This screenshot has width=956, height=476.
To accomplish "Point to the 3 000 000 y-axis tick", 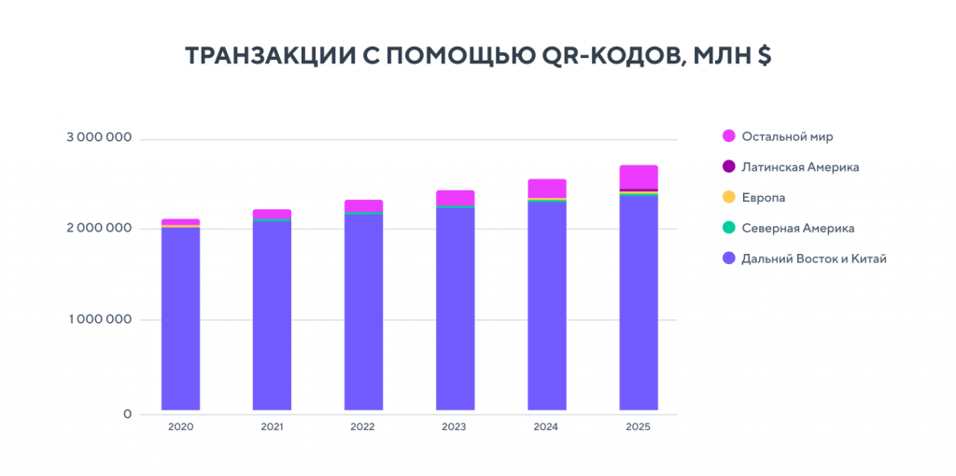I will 98,138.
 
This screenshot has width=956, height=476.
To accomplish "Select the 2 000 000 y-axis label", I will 98,229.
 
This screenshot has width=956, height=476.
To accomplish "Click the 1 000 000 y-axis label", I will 99,320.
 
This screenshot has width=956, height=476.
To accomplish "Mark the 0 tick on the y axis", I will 127,413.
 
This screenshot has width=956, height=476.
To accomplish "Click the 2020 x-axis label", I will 180,427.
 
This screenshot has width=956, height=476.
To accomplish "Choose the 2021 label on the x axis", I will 272,427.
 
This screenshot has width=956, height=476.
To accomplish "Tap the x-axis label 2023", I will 455,427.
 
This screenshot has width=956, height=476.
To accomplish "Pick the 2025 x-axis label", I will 639,427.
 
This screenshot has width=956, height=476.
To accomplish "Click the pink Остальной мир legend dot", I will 729,136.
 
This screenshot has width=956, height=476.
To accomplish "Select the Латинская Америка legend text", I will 800,167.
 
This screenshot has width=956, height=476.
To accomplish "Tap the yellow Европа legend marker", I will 729,198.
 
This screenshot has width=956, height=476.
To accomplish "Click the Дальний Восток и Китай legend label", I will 813,259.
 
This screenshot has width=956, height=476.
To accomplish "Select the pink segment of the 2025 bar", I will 639,176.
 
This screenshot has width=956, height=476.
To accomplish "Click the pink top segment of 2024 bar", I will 547,188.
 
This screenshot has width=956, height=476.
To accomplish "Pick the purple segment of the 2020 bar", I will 180,317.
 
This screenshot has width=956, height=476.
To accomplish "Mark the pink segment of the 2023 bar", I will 455,197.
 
